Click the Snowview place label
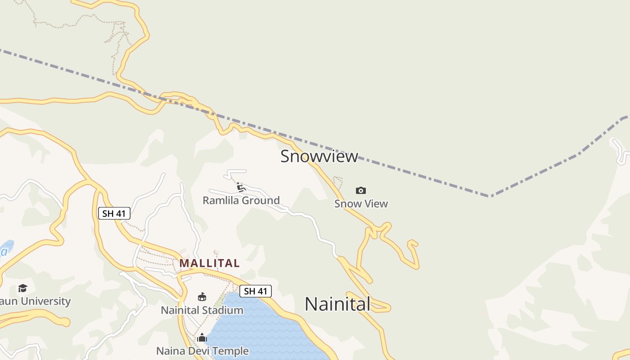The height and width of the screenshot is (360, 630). pos(319,156)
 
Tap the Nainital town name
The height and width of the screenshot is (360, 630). pos(337,304)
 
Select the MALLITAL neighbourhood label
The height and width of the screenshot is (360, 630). pos(209,263)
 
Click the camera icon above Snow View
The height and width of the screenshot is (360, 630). pos(361,190)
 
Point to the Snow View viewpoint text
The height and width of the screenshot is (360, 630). pos(361,204)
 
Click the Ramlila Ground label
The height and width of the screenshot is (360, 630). pos(241,200)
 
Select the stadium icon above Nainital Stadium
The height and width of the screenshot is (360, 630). pos(202,297)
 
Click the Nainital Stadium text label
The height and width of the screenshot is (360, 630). pos(202,310)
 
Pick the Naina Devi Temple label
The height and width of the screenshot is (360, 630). pos(202,351)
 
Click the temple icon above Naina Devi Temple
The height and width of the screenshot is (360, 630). pos(202,337)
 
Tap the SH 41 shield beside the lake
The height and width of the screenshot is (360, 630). pos(256,291)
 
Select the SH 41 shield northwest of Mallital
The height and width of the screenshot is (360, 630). pos(114,213)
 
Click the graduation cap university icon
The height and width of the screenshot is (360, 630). pos(22,288)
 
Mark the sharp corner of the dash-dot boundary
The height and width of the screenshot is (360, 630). pos(490,196)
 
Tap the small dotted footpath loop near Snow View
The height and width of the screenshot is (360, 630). pos(338,181)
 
